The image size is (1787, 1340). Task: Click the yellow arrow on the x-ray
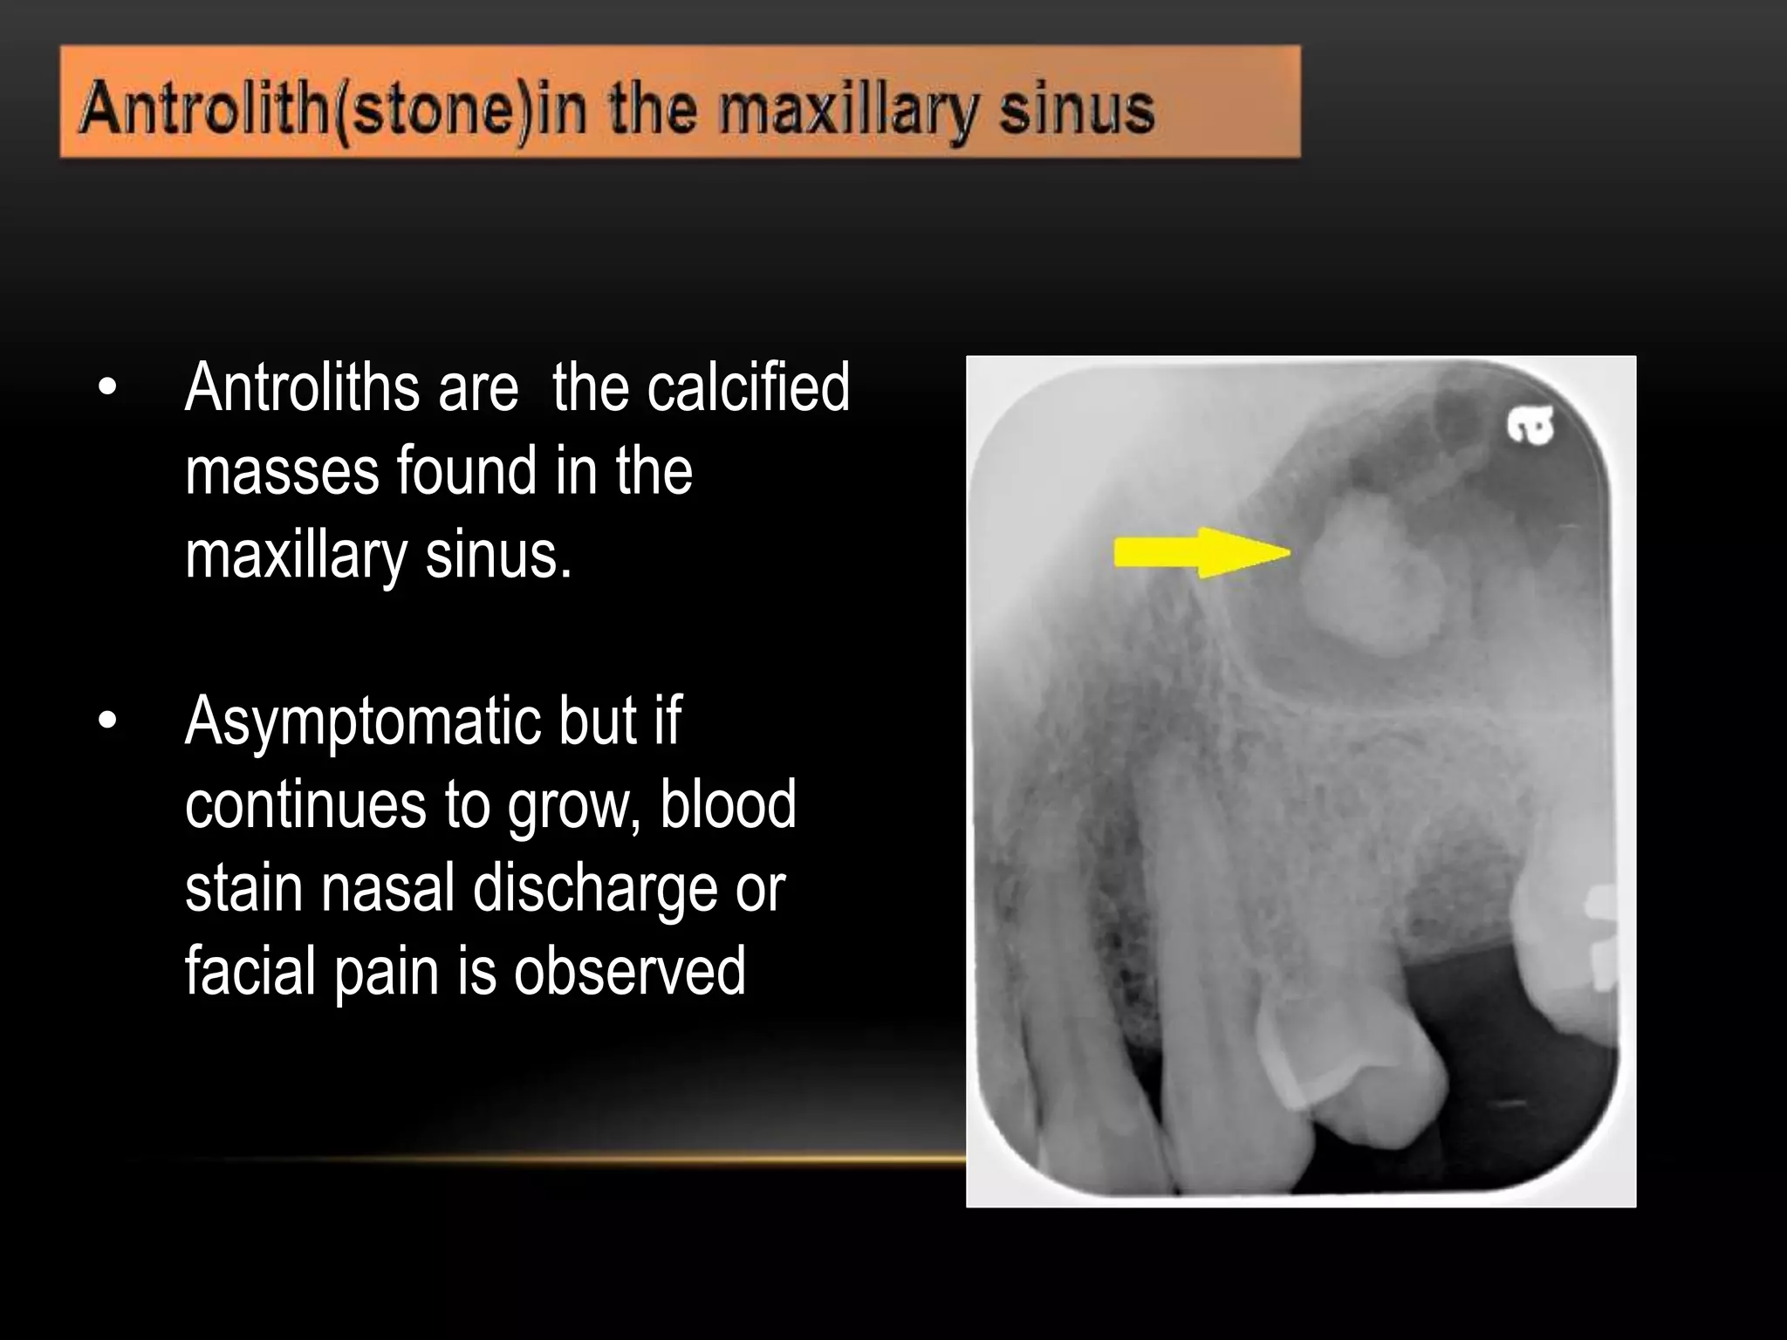pyautogui.click(x=1200, y=552)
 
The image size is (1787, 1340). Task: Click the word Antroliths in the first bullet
pyautogui.click(x=302, y=388)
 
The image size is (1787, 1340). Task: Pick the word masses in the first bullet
pyautogui.click(x=282, y=472)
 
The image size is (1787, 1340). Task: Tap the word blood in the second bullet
pyautogui.click(x=728, y=804)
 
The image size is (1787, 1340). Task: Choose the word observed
pyautogui.click(x=629, y=972)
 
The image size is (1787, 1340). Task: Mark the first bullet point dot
pyautogui.click(x=107, y=388)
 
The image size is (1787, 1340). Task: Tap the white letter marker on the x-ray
pyautogui.click(x=1530, y=427)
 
